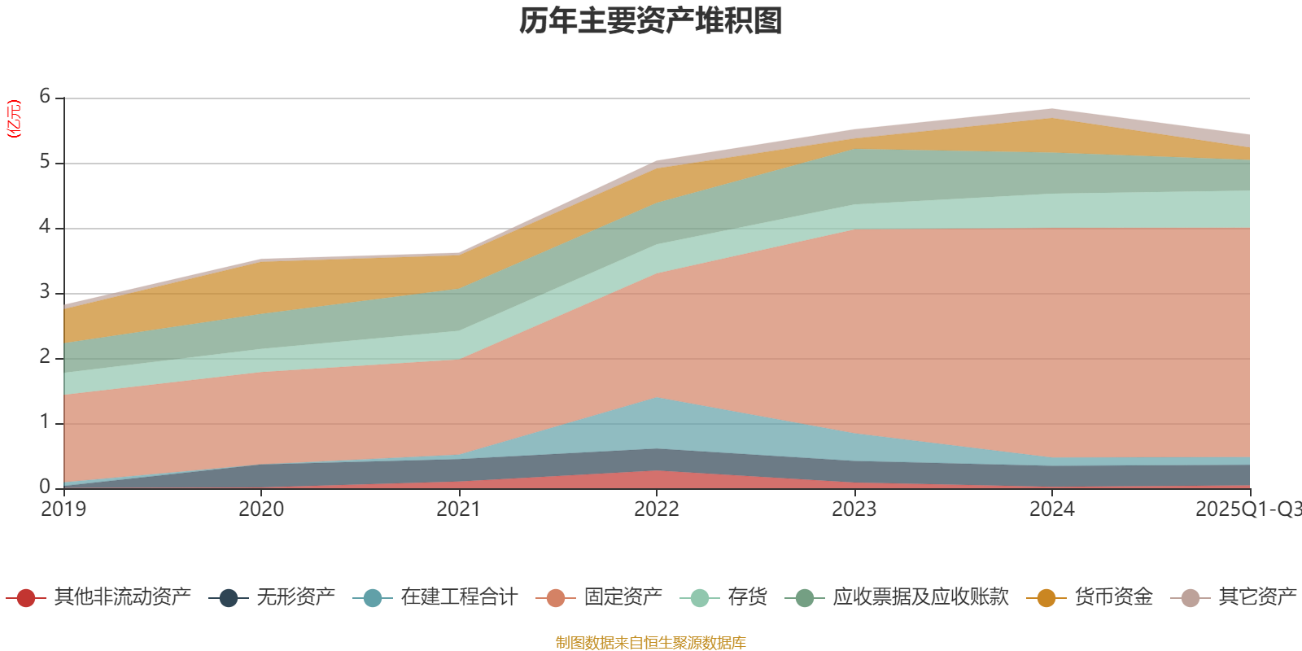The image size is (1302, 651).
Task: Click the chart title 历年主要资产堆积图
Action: pos(651,21)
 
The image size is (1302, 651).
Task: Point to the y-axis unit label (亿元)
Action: pos(14,119)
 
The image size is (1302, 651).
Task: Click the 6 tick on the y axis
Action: pos(45,97)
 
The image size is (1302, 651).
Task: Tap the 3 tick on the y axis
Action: pos(45,292)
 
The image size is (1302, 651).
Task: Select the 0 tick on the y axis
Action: pos(45,487)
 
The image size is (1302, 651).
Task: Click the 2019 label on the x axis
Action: pos(63,509)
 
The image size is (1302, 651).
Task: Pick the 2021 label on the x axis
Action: pos(458,509)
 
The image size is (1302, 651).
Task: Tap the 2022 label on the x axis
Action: pos(656,509)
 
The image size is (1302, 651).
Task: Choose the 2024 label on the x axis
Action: pos(1051,509)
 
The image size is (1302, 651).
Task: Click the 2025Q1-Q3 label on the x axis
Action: pos(1247,509)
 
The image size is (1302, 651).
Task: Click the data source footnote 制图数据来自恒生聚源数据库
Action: pos(651,643)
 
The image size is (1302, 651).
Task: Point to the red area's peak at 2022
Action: pos(656,473)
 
